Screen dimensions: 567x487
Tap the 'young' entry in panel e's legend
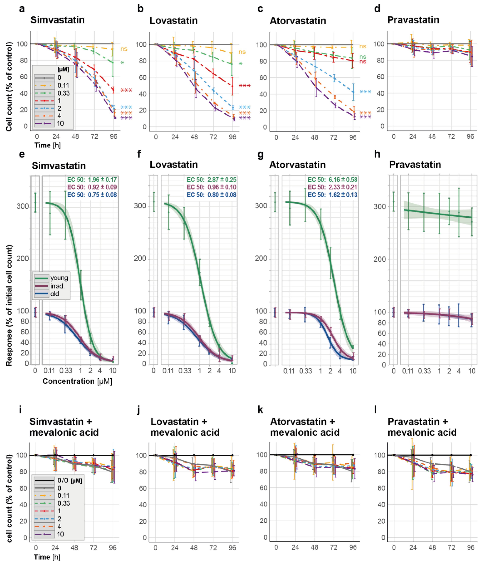tap(59, 278)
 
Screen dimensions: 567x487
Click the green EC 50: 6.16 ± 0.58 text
tap(332, 180)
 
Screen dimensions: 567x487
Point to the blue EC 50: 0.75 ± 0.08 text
tap(92, 195)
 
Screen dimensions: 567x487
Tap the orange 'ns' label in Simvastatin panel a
tap(124, 49)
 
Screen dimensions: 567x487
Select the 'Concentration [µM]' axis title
tap(77, 381)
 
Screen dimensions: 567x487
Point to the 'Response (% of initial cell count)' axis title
tap(9, 305)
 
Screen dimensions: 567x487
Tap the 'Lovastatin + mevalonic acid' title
tap(185, 427)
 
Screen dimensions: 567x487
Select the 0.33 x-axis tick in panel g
tap(305, 371)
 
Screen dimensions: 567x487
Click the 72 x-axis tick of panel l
tap(451, 548)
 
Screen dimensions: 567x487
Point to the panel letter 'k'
tap(260, 410)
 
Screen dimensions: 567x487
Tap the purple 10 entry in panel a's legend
tap(60, 123)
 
